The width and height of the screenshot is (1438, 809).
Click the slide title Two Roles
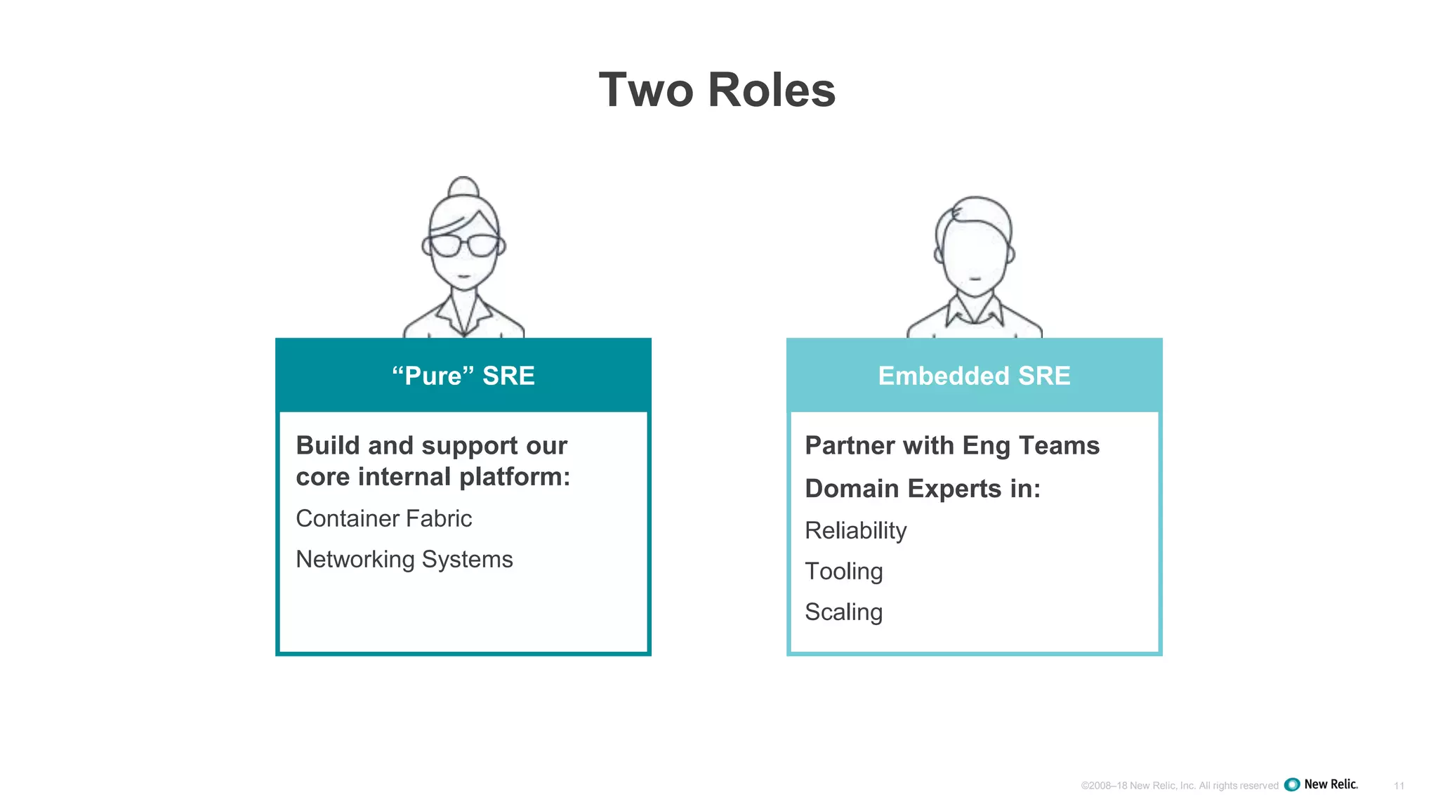point(717,90)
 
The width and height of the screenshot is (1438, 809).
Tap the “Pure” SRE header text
point(463,376)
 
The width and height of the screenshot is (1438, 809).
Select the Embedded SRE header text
point(974,376)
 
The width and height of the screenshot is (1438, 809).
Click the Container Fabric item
point(383,518)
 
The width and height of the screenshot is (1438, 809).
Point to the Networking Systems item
point(404,559)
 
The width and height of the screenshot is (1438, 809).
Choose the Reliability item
point(855,530)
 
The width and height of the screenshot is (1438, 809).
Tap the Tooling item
point(843,571)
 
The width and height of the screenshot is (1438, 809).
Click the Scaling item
point(843,612)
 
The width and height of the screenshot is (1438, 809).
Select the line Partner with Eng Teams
point(951,445)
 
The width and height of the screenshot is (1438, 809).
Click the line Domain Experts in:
point(922,488)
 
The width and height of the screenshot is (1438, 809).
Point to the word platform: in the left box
point(515,477)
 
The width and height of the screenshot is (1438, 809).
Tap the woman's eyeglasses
point(463,246)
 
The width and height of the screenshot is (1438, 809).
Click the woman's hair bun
point(463,187)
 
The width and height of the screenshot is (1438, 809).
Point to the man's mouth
point(975,279)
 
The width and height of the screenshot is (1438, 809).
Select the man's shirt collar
point(974,310)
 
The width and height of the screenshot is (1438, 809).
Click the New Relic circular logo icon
point(1291,784)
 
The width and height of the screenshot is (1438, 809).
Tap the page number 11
point(1399,786)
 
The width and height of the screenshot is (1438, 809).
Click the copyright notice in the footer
point(1179,786)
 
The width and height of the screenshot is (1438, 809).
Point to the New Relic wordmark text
point(1331,784)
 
